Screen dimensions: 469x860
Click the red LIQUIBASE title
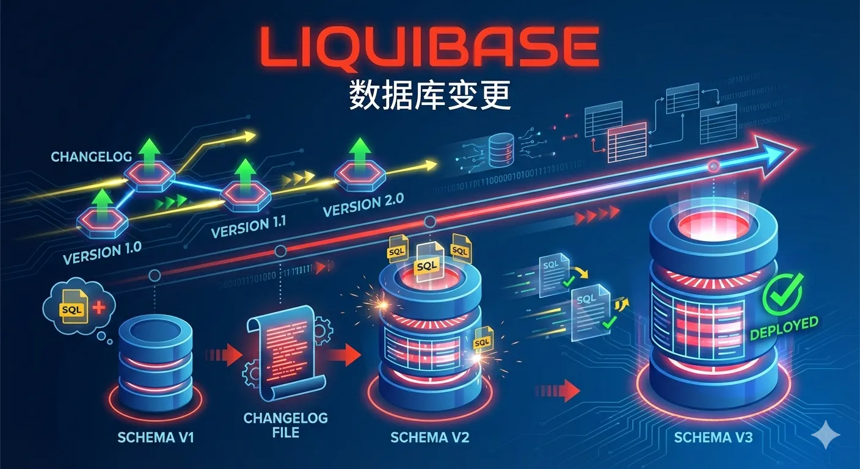(x=429, y=46)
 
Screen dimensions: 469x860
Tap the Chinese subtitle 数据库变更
(x=429, y=95)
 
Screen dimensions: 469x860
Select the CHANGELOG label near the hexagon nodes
(x=91, y=157)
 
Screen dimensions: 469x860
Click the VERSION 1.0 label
(x=102, y=250)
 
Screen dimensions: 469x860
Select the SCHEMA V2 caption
(x=429, y=437)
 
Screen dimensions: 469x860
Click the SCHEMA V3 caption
(x=713, y=437)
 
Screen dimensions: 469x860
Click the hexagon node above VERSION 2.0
(x=360, y=175)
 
